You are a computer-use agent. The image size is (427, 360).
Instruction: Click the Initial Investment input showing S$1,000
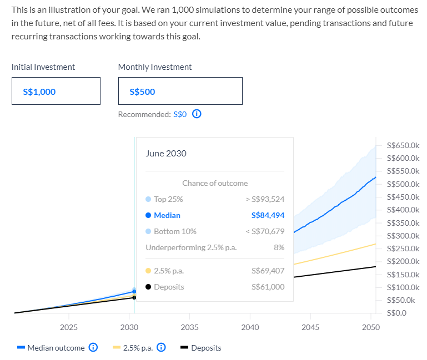click(56, 92)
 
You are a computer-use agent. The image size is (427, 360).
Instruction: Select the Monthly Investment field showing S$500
click(180, 92)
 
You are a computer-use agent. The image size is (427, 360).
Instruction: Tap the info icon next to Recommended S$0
click(196, 114)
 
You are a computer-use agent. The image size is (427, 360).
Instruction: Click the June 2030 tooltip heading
click(166, 154)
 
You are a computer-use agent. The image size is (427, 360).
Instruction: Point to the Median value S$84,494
click(268, 215)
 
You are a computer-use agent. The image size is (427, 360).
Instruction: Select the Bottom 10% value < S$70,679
click(264, 231)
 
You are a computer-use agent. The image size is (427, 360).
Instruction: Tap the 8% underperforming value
click(279, 247)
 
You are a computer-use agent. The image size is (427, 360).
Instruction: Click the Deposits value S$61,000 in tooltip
click(268, 287)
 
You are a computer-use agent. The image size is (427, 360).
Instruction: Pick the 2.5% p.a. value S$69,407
click(268, 271)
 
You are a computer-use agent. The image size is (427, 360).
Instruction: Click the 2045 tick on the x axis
click(310, 327)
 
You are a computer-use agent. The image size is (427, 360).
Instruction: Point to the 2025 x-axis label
click(68, 327)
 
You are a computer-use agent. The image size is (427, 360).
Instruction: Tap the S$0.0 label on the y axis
click(395, 313)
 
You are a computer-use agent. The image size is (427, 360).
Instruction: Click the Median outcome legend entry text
click(56, 348)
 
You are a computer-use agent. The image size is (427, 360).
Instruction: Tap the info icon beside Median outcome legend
click(93, 348)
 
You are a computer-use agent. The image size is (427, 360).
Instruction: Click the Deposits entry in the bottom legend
click(206, 348)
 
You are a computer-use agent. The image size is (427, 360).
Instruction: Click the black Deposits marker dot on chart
click(134, 297)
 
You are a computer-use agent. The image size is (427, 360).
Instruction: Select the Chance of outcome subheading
click(215, 183)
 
